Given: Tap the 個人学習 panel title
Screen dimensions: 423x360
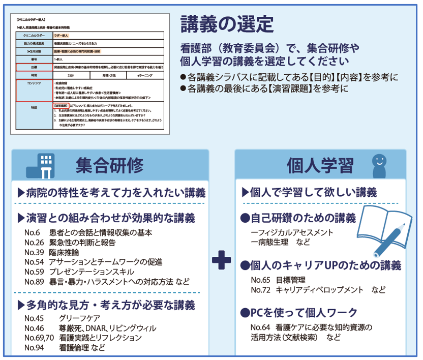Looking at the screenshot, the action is [x=320, y=165].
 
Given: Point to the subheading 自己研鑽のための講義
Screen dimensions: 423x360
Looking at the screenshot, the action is [x=298, y=218].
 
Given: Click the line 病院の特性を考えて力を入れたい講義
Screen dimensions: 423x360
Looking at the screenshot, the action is [x=111, y=193].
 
